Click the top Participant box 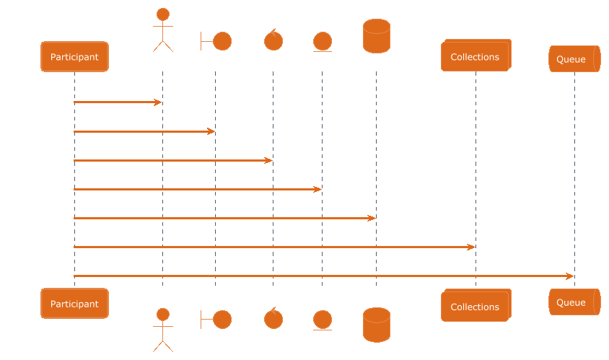pos(74,57)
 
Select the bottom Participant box pos(74,303)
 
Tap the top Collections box pos(476,56)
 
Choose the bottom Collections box pos(476,305)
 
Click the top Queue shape pos(574,58)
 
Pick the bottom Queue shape pos(574,302)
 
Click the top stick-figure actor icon pos(163,30)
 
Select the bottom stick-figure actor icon pos(163,330)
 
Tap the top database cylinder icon pos(377,36)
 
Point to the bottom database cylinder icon pos(377,325)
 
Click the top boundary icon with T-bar pos(216,41)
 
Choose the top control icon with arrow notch pos(273,40)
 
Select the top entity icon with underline pos(323,42)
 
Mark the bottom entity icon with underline pos(323,320)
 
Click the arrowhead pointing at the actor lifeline pos(158,102)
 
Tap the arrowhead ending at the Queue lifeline pos(570,276)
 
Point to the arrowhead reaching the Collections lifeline pos(470,247)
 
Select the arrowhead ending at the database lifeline pos(372,219)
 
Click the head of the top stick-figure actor pos(163,14)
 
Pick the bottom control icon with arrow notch pos(273,318)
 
